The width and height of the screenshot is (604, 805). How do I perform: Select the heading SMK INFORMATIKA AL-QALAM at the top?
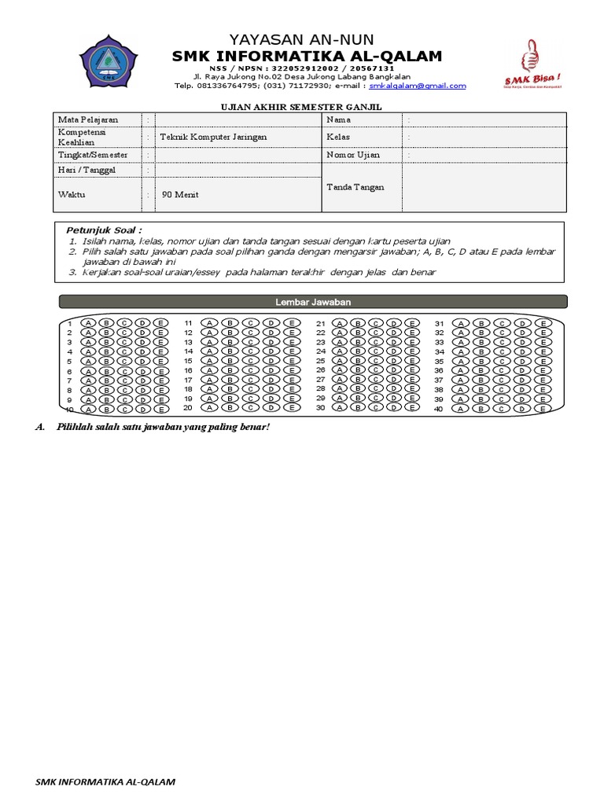pyautogui.click(x=308, y=56)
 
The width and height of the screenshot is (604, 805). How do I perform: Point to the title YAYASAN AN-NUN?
pyautogui.click(x=301, y=39)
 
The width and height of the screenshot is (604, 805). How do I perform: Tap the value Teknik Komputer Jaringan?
pyautogui.click(x=213, y=137)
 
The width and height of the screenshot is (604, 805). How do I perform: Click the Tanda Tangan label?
pyautogui.click(x=352, y=186)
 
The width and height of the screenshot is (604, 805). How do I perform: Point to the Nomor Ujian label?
pyautogui.click(x=353, y=155)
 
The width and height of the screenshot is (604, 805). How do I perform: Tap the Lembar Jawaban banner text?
pyautogui.click(x=312, y=301)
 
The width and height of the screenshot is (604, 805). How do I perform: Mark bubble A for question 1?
pyautogui.click(x=87, y=323)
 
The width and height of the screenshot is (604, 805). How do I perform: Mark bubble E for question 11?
pyautogui.click(x=291, y=323)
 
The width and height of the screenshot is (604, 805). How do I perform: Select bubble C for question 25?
pyautogui.click(x=375, y=361)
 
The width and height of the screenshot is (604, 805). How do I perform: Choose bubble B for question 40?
pyautogui.click(x=481, y=408)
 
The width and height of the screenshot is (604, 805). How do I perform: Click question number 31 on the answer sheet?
pyautogui.click(x=440, y=324)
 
